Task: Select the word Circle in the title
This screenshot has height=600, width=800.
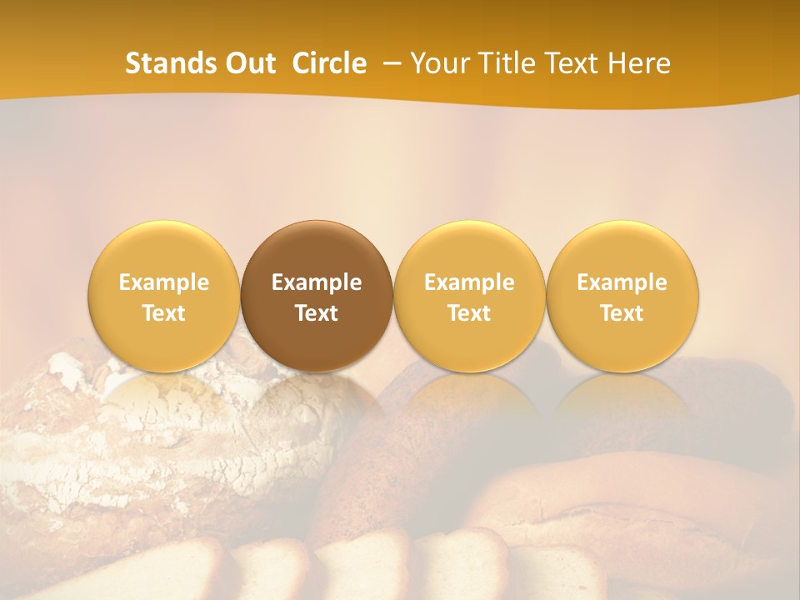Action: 329,63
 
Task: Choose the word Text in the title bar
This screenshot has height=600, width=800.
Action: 577,63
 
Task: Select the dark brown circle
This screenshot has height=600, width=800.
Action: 317,296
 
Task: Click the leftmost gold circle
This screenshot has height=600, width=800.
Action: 164,296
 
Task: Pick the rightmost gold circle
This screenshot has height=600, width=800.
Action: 622,296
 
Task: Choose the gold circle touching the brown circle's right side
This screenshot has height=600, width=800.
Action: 469,296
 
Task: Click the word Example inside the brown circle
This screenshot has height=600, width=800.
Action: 317,282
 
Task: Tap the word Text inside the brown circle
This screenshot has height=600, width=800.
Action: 317,313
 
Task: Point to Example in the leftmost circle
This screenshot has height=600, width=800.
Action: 164,282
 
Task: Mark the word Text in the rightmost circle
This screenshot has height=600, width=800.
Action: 622,313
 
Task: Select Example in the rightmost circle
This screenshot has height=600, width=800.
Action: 622,282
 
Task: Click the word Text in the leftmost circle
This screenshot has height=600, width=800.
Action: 164,313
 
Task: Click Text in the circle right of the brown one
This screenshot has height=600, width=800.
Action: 469,313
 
